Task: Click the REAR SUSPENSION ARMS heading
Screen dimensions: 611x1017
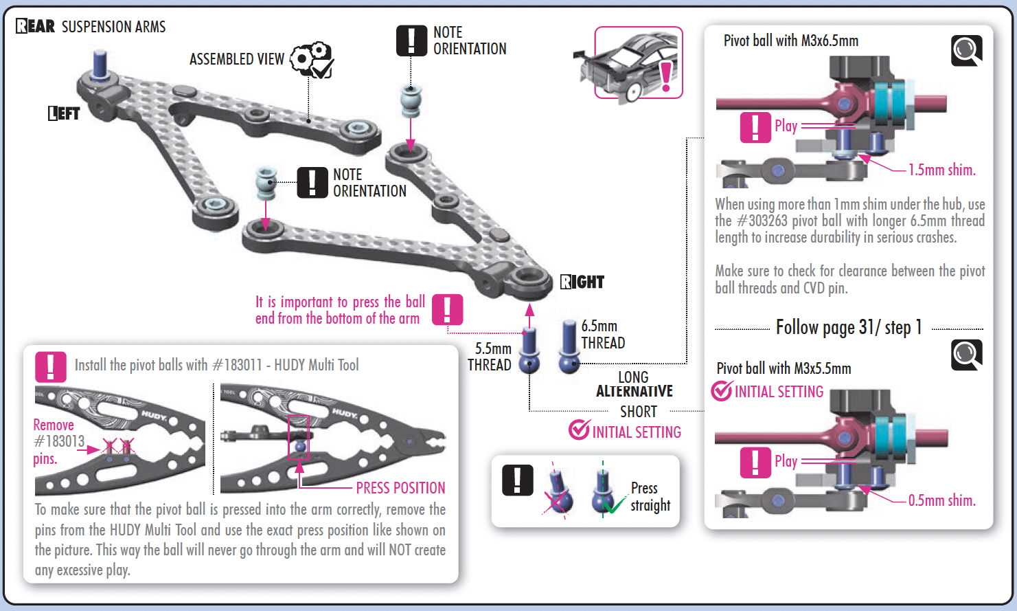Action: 91,27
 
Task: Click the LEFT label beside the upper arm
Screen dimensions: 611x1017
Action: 64,113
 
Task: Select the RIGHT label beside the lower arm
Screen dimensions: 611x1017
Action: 582,282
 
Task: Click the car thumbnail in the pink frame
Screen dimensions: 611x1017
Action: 638,63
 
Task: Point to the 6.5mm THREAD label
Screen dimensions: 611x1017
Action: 603,334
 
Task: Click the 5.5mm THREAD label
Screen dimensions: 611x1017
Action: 490,357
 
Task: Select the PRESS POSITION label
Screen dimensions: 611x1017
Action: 400,488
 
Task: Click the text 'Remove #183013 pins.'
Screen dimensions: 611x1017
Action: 58,441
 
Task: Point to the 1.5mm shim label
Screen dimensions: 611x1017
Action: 941,170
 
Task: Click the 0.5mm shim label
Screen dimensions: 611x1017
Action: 941,500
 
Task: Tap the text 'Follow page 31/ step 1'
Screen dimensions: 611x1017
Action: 849,327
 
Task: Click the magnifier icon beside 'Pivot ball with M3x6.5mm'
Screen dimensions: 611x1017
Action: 966,50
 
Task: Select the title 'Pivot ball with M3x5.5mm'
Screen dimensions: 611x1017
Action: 784,368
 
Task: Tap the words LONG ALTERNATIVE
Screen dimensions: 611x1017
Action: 634,384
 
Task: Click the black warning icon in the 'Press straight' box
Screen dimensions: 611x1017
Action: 518,480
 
